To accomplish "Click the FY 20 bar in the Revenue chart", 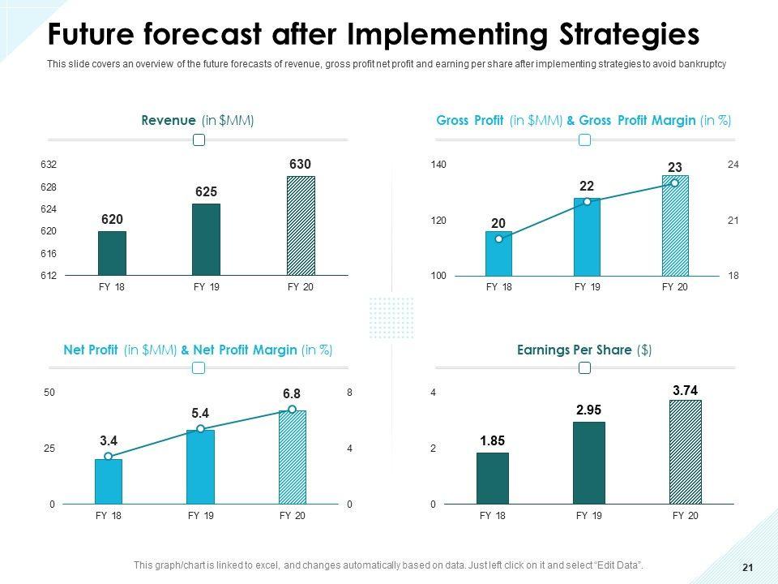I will pos(301,225).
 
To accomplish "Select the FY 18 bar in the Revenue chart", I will pos(112,253).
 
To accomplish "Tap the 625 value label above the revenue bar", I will pos(206,191).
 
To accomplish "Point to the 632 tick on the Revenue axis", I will pos(49,165).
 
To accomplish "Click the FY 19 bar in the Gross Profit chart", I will pos(587,237).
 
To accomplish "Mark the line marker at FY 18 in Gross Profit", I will pos(498,239).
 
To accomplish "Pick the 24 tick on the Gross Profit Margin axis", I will pos(733,165).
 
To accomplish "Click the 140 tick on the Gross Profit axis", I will pos(438,165).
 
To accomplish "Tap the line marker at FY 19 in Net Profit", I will pos(200,429).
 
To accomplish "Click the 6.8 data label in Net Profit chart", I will pos(293,393).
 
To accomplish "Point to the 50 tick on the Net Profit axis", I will pos(49,393).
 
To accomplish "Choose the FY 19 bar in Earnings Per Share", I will pos(589,462).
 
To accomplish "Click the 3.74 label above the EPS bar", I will pos(685,390).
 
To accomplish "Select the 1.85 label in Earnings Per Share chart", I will pos(493,441).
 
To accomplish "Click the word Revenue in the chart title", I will pos(169,120).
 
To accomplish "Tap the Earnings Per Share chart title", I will pos(584,350).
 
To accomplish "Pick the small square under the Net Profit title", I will pos(199,368).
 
